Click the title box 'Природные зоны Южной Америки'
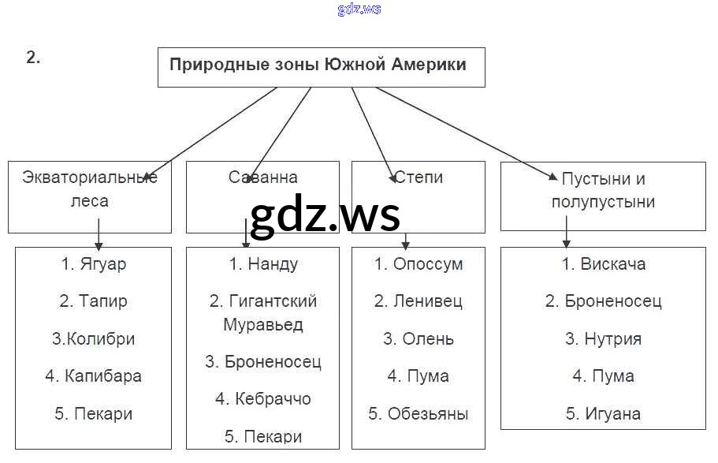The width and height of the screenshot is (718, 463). point(318,65)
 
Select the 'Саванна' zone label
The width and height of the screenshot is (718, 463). point(262,177)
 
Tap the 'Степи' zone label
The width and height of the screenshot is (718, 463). point(419,177)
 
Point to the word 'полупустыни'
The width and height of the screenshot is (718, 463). point(603,201)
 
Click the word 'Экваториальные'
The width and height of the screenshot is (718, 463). point(90,177)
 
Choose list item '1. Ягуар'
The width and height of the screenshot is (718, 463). point(93,264)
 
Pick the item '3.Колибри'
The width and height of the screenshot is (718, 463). point(93,339)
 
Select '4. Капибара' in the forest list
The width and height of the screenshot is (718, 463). point(93,376)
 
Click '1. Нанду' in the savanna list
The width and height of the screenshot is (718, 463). point(263,264)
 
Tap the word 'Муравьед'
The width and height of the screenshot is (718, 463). point(262,324)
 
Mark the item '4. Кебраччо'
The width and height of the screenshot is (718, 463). point(263,399)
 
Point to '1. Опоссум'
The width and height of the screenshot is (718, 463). point(419,264)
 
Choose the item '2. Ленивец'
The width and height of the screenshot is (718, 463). point(419,301)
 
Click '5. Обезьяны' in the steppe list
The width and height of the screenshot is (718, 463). point(419,413)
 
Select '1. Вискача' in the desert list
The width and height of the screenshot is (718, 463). point(604,264)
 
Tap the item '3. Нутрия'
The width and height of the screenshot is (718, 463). point(604,339)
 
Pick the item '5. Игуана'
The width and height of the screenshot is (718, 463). point(604,413)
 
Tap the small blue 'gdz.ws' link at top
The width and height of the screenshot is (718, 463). point(359,9)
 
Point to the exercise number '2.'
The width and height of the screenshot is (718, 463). point(33,58)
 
